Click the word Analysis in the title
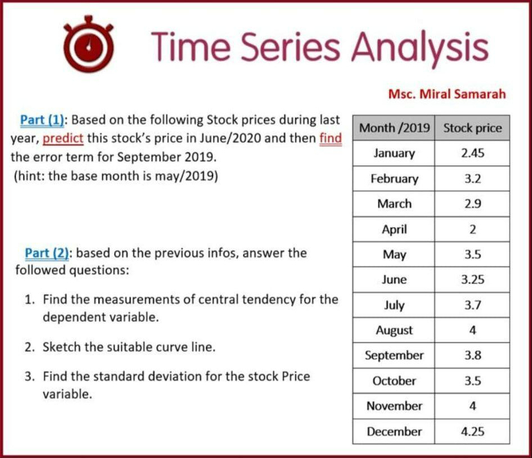tap(420, 47)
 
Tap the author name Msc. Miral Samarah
tap(447, 94)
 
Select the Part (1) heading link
tap(43, 120)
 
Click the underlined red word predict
tap(63, 138)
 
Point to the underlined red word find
tap(331, 138)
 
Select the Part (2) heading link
tap(47, 253)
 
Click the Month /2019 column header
tap(394, 128)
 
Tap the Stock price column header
tap(472, 128)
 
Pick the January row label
tap(394, 153)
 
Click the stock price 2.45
tap(472, 153)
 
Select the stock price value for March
tap(472, 204)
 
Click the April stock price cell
tap(472, 229)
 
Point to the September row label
tap(394, 356)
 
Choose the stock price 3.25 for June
tap(472, 280)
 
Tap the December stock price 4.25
tap(472, 432)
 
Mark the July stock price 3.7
tap(472, 305)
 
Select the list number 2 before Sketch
tap(28, 347)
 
